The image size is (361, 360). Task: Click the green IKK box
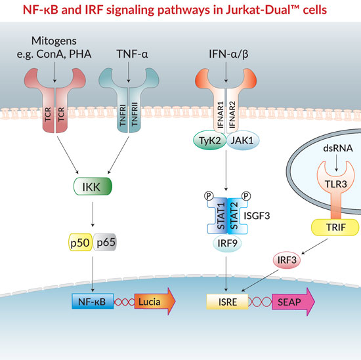pos(93,186)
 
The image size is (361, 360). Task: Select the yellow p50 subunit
pos(80,242)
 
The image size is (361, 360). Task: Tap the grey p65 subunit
pos(105,242)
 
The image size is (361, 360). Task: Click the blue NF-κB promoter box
pos(93,301)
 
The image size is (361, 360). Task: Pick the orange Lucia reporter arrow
pos(155,302)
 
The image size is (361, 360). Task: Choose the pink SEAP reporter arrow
pos(293,302)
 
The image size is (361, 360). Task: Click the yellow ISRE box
pos(228,302)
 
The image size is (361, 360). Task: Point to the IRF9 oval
pos(227,243)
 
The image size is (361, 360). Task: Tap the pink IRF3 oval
pos(287,260)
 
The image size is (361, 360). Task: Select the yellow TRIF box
pos(335,228)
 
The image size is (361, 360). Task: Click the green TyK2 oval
pos(210,140)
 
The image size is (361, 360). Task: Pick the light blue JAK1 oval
pos(243,140)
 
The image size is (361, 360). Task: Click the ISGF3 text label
pos(257,216)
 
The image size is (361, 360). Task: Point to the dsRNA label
pos(338,148)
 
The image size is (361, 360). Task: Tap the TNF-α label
pos(132,54)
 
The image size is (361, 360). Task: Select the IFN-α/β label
pos(228,54)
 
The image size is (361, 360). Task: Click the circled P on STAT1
pos(209,196)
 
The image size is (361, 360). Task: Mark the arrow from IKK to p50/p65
pos(93,214)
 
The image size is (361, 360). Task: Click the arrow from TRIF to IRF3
pos(314,247)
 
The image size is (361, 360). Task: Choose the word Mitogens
pos(54,41)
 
